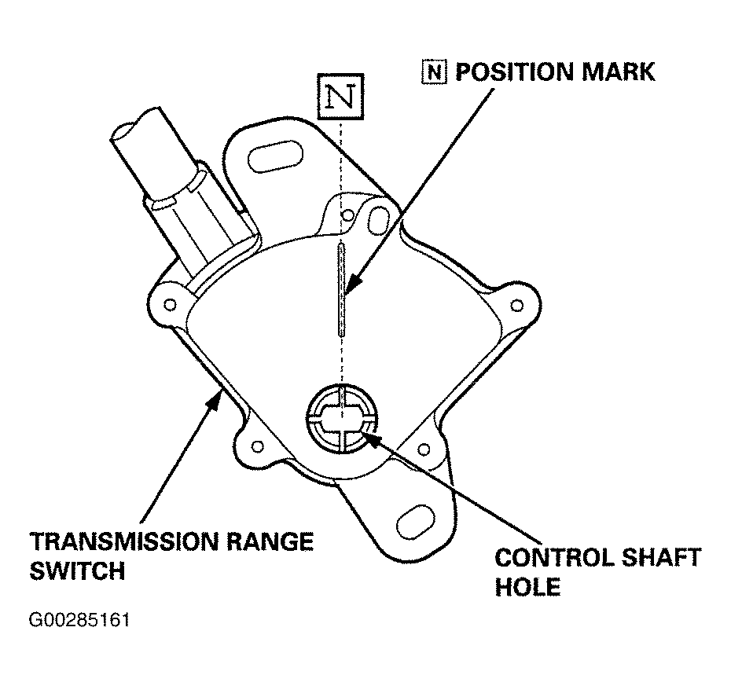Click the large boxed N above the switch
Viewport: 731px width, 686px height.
pos(340,97)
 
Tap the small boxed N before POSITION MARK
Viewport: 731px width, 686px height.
pos(434,72)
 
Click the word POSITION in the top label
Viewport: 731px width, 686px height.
pos(514,72)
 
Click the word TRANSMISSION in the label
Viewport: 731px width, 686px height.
pos(124,541)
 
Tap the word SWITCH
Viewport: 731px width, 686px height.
pos(77,570)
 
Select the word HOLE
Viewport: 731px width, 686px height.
pos(527,587)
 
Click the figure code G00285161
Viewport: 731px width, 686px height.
pos(79,621)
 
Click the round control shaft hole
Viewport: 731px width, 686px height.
pos(342,419)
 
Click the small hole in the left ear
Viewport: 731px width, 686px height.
pos(170,305)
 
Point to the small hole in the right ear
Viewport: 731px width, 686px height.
pos(516,306)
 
